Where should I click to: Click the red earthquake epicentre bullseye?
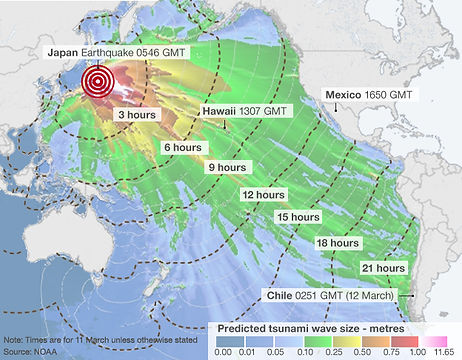[97, 82]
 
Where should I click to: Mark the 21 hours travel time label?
[382, 268]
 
